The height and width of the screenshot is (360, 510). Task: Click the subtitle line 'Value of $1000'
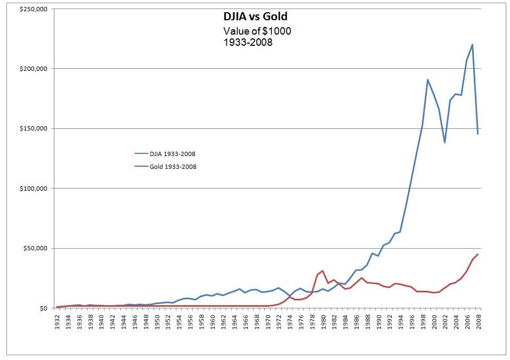(x=257, y=31)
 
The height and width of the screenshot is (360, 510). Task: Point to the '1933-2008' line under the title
(x=248, y=42)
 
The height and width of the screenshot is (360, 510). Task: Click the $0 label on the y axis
(x=43, y=308)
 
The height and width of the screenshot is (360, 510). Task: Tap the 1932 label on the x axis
(x=57, y=322)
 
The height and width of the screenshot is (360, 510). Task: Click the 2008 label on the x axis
(x=478, y=322)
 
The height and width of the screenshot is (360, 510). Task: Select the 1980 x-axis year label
(x=323, y=322)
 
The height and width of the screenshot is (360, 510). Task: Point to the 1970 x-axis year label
(x=268, y=322)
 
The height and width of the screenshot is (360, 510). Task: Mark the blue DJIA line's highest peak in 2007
(x=472, y=45)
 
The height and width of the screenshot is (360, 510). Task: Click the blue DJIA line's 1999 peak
(x=427, y=80)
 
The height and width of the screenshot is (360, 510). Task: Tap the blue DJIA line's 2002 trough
(x=444, y=142)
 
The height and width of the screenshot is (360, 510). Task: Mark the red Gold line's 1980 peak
(x=323, y=271)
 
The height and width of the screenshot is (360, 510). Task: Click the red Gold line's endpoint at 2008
(x=478, y=254)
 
